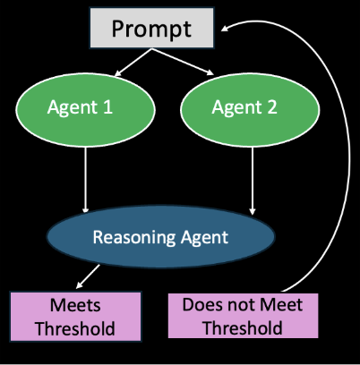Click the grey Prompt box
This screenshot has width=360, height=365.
coord(151,28)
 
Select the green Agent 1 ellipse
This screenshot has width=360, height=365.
coord(85,110)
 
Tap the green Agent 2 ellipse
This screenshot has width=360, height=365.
coord(250,110)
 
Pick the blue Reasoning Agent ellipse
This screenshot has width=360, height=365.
coord(160,236)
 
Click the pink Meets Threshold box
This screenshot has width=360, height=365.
coord(75,317)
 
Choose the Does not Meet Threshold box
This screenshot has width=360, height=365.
coord(243,316)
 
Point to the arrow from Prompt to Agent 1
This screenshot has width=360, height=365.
coord(133,63)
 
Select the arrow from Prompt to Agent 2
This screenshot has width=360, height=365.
coord(183,62)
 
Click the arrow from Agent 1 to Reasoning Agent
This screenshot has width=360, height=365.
coord(86,180)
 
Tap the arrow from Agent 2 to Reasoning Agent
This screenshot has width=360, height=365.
coord(253,181)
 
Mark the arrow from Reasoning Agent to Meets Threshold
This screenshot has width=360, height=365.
coord(88,276)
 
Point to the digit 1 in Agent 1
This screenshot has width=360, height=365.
coord(107,106)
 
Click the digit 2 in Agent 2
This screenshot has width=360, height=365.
coord(272,106)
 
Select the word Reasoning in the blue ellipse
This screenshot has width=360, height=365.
coord(134,238)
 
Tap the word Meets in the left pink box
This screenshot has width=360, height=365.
coord(75,305)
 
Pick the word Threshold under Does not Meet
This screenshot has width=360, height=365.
coord(243,327)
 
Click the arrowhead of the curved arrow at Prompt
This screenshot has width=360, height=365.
coord(225,29)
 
